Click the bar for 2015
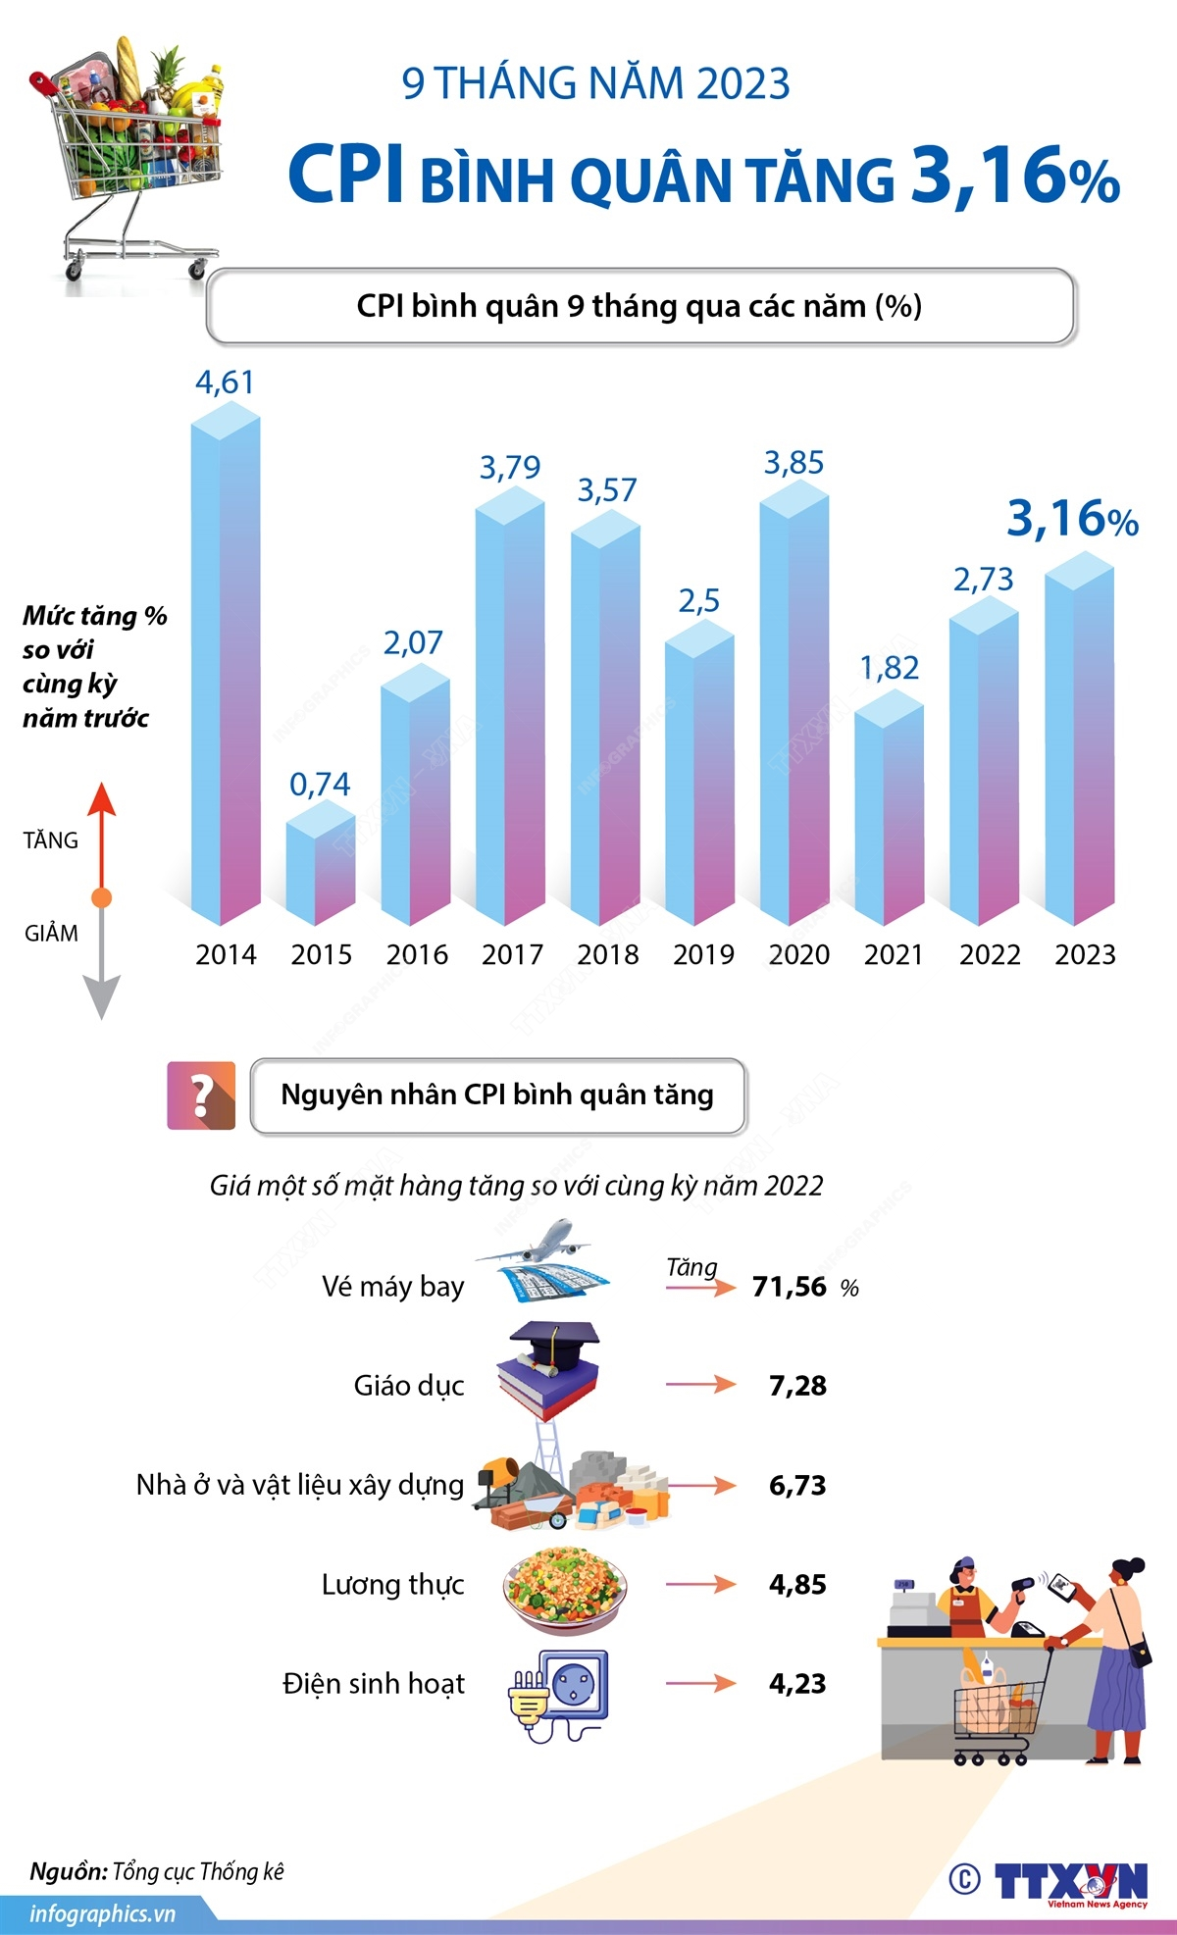tap(321, 868)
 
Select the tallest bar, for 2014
tap(226, 667)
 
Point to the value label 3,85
tap(793, 463)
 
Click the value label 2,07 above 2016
tap(413, 643)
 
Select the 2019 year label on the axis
tap(703, 954)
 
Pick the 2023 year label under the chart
tap(1085, 954)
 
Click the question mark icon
tap(201, 1095)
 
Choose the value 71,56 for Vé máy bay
tap(790, 1287)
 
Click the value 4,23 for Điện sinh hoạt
tap(797, 1684)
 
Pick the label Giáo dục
tap(409, 1386)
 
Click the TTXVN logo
tap(1069, 1882)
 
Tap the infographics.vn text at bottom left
tap(102, 1913)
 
